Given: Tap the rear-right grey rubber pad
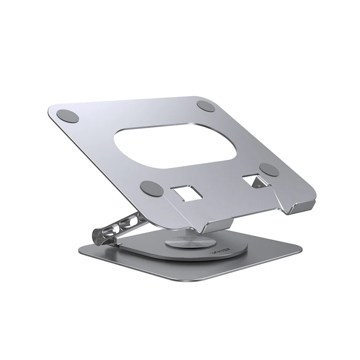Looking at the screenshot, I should [x=206, y=106].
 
